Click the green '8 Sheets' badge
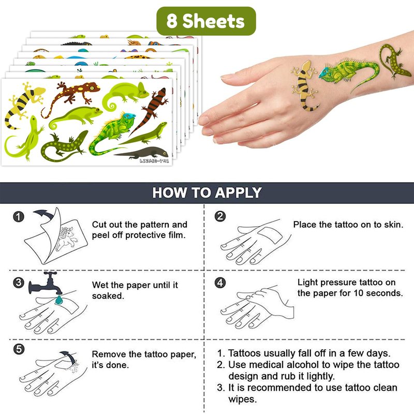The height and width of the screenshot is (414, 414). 206,21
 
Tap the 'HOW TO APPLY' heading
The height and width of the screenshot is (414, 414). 207,193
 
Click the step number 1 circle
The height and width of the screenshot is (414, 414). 19,217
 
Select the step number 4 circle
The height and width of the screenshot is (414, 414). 220,283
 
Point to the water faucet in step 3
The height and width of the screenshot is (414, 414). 46,284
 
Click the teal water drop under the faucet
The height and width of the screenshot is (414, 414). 58,300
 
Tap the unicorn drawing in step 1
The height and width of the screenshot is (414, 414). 67,239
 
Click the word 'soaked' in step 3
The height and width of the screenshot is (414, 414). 107,296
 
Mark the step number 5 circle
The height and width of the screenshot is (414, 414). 19,349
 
